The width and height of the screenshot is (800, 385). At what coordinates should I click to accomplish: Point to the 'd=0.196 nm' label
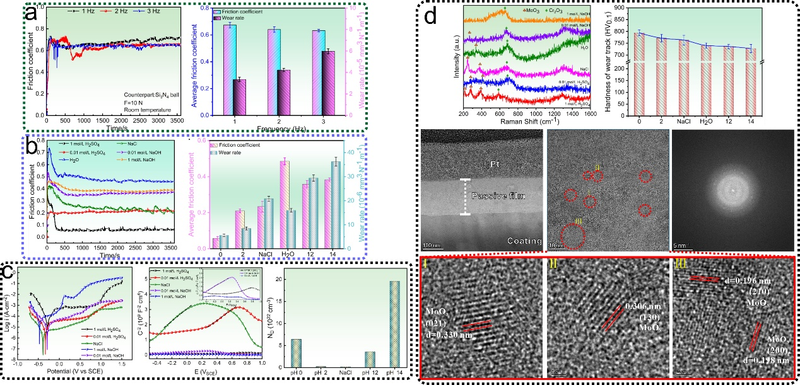[x=751, y=281]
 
